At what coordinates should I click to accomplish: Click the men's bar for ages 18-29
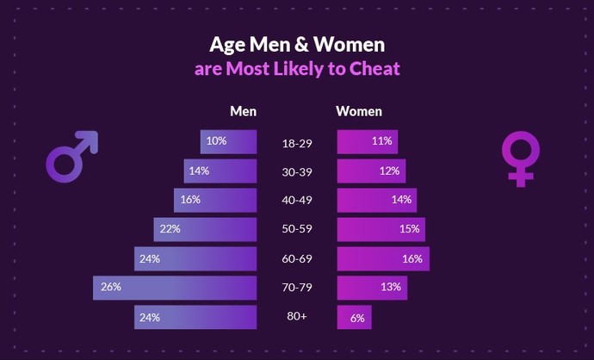(x=228, y=141)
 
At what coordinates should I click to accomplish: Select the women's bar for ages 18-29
(x=368, y=141)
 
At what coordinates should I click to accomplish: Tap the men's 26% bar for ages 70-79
(x=175, y=288)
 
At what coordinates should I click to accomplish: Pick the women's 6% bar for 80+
(x=354, y=317)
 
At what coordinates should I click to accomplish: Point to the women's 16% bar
(x=382, y=258)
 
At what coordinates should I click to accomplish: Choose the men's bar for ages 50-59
(x=205, y=229)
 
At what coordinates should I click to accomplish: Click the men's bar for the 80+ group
(x=195, y=317)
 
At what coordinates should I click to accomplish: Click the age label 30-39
(x=296, y=171)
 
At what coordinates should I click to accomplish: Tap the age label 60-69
(x=296, y=258)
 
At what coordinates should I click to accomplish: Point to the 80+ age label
(x=296, y=317)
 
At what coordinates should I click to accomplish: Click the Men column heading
(x=243, y=111)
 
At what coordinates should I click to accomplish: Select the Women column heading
(x=359, y=111)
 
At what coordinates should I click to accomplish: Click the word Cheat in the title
(x=374, y=69)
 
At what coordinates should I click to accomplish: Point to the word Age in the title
(x=226, y=44)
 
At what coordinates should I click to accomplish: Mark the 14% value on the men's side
(x=199, y=171)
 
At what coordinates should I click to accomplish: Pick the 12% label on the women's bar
(x=389, y=171)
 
